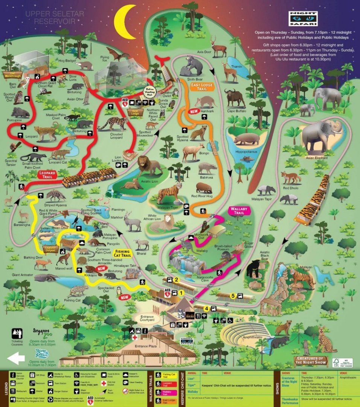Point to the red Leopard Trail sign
(47, 174)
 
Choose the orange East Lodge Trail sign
(201, 87)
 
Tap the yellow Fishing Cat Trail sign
(123, 253)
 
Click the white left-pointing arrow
(16, 358)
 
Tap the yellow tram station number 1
(181, 292)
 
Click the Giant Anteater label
(22, 275)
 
